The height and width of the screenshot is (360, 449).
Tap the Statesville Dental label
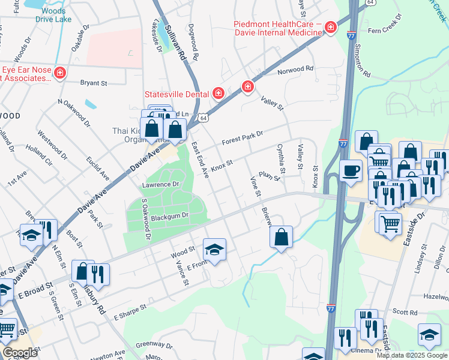(176, 94)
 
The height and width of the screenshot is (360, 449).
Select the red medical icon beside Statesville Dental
(218, 93)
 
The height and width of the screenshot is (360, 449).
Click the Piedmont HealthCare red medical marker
(330, 28)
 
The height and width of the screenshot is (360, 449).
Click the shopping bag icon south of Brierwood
(281, 237)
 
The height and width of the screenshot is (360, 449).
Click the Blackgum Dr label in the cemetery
(170, 215)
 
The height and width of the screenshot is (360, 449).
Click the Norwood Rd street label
(295, 69)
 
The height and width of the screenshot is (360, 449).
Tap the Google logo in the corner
(20, 352)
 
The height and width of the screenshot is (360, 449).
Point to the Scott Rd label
(405, 313)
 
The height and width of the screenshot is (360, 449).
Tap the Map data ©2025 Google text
(412, 355)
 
